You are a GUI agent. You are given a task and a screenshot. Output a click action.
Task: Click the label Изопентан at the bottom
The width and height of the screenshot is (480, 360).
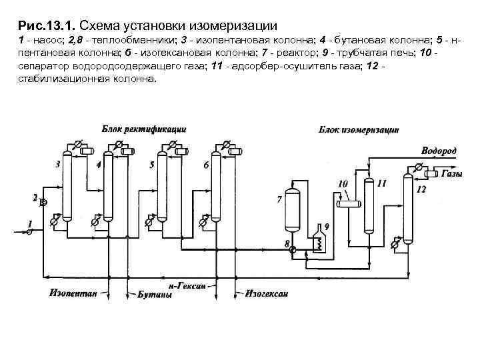(73, 292)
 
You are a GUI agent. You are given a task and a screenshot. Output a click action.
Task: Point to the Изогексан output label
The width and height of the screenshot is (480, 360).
(266, 292)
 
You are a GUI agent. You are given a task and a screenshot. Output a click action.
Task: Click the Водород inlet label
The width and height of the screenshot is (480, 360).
(439, 151)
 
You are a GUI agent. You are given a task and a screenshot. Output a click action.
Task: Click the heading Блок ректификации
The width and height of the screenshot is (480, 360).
(143, 128)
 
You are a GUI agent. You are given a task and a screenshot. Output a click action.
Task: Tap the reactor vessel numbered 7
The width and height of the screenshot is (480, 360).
(291, 209)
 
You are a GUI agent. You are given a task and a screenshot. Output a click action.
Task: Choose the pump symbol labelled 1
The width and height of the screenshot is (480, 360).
(29, 232)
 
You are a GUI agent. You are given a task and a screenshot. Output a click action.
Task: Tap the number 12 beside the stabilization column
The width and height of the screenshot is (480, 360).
(421, 190)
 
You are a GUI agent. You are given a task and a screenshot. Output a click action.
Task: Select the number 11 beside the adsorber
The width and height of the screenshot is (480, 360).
(381, 182)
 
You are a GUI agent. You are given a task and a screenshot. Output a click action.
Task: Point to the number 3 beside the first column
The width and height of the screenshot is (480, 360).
(58, 163)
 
